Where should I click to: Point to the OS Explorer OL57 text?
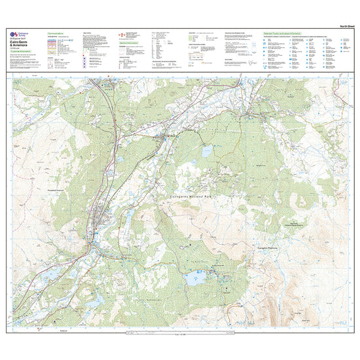(x=22, y=40)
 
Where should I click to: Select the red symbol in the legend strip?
(x=119, y=33)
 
